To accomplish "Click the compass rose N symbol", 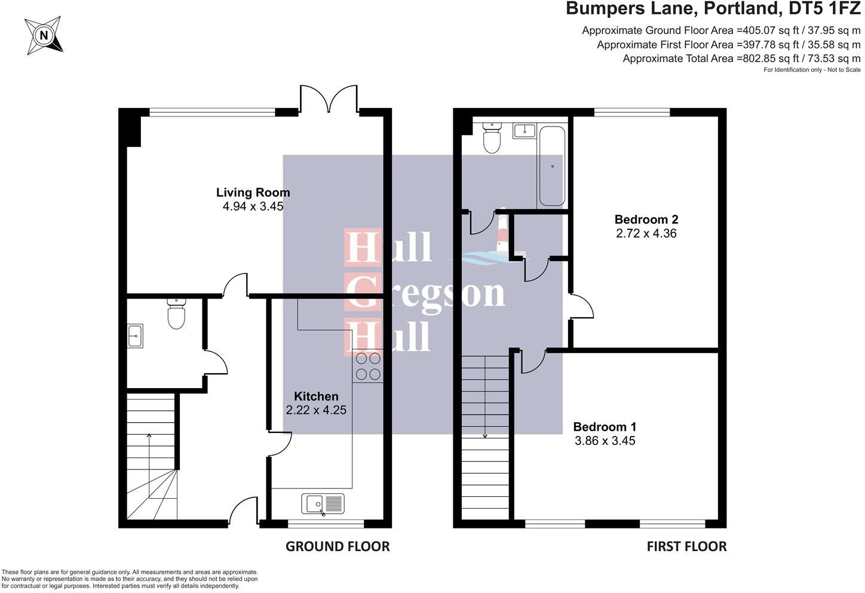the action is click(44, 35).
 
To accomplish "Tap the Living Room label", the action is click(253, 192).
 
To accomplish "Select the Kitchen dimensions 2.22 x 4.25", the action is click(316, 410).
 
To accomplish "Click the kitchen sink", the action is click(323, 504).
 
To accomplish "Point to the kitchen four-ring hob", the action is click(368, 367).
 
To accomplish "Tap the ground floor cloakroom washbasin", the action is click(135, 336).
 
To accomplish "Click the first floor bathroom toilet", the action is click(492, 137).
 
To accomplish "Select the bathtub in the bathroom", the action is click(552, 166).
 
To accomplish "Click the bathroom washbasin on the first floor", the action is click(524, 131).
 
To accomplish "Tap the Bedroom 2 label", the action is click(646, 219).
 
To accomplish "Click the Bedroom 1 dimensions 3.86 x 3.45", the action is click(605, 441).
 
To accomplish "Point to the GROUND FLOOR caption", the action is click(338, 546).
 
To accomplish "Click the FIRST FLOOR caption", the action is click(686, 546).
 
